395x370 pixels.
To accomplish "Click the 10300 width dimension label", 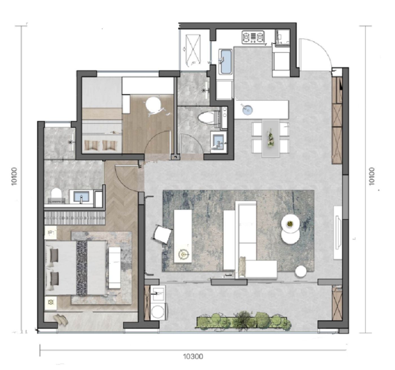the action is pyautogui.click(x=193, y=356).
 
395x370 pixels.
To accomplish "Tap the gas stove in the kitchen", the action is pyautogui.click(x=253, y=37).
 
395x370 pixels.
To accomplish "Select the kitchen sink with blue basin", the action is pyautogui.click(x=225, y=62).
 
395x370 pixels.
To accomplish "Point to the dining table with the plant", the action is pyautogui.click(x=270, y=138).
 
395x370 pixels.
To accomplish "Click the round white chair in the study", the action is pyautogui.click(x=153, y=104).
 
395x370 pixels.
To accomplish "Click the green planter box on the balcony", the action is pyautogui.click(x=244, y=323).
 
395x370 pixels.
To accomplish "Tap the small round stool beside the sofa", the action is pyautogui.click(x=301, y=271).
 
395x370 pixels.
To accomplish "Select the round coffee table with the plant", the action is pyautogui.click(x=291, y=224).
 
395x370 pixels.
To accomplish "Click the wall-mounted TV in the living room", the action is pyautogui.click(x=338, y=233).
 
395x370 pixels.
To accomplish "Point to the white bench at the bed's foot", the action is pyautogui.click(x=115, y=268).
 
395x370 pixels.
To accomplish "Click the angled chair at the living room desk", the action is pyautogui.click(x=162, y=235).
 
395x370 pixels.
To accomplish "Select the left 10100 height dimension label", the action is pyautogui.click(x=14, y=176).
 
